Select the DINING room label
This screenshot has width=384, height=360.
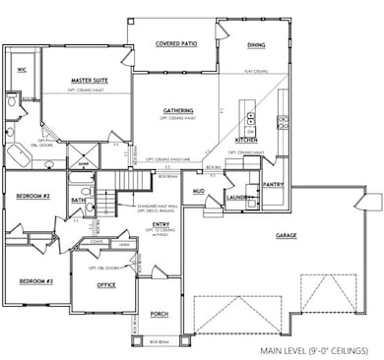(x=256, y=44)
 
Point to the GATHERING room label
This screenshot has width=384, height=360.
(x=177, y=110)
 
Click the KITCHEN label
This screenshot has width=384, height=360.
(x=246, y=141)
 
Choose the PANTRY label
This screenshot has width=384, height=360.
(x=274, y=184)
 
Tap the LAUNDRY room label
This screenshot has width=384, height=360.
(x=241, y=198)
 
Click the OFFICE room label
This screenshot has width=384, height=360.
(x=106, y=285)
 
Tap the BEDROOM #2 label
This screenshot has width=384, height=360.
(x=32, y=197)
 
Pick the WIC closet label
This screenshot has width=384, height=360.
(x=21, y=70)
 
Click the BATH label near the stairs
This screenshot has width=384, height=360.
(x=78, y=200)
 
